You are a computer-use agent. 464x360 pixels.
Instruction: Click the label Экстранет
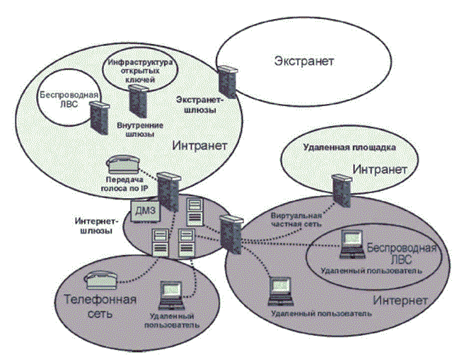(303, 62)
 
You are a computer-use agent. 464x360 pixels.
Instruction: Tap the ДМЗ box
(146, 211)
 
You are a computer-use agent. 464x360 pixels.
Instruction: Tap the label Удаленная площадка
(348, 147)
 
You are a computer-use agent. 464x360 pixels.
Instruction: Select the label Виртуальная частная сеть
(297, 219)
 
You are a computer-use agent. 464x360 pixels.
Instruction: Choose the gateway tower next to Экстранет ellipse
(226, 81)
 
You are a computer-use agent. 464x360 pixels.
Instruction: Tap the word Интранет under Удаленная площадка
(381, 170)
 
